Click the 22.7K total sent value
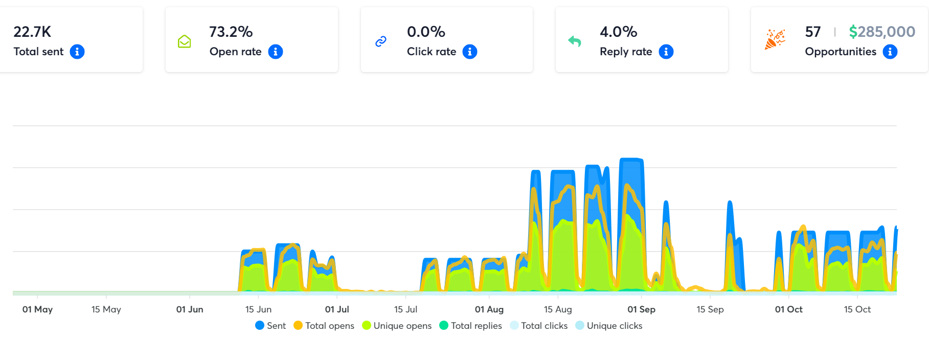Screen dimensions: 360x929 pos(32,32)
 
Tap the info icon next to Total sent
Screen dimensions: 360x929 pos(77,52)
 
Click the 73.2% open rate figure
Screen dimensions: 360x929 pos(231,32)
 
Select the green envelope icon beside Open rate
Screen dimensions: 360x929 pos(184,41)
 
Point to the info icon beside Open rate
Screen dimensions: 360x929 pos(276,52)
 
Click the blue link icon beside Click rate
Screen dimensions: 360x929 pos(381,41)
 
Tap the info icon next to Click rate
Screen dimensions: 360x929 pos(470,52)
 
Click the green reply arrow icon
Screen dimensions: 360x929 pos(575,41)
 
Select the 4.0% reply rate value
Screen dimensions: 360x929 pos(618,32)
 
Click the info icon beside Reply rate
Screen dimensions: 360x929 pos(666,52)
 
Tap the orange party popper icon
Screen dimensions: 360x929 pos(775,39)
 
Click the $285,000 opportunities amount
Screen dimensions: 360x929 pos(882,32)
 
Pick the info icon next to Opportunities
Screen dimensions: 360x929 pos(890,52)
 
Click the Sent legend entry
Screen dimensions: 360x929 pos(270,326)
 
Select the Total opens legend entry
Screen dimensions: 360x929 pos(324,326)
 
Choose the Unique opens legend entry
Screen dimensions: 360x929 pos(397,326)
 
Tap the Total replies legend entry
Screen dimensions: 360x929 pos(470,326)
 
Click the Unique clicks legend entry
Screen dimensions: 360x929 pos(609,326)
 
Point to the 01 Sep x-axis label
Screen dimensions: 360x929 pos(641,309)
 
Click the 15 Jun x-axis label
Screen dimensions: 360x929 pos(258,309)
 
